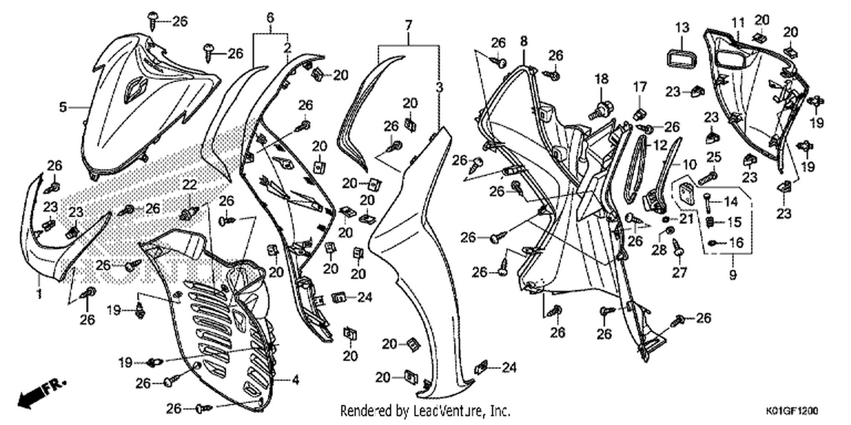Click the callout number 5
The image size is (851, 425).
click(x=63, y=107)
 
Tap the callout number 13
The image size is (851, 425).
click(x=683, y=28)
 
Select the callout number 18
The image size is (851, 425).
click(x=601, y=79)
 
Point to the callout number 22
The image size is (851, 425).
click(x=189, y=185)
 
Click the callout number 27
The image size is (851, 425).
click(x=680, y=273)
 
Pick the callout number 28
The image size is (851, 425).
click(x=659, y=250)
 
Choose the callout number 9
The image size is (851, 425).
click(x=733, y=274)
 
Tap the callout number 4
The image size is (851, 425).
click(x=296, y=380)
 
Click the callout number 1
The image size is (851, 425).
click(x=39, y=294)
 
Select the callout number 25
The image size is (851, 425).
click(x=714, y=157)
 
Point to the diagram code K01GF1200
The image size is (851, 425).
click(x=792, y=411)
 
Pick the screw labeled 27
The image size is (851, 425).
click(x=678, y=249)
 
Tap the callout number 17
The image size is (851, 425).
click(x=640, y=87)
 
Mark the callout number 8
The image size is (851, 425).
click(x=524, y=41)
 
